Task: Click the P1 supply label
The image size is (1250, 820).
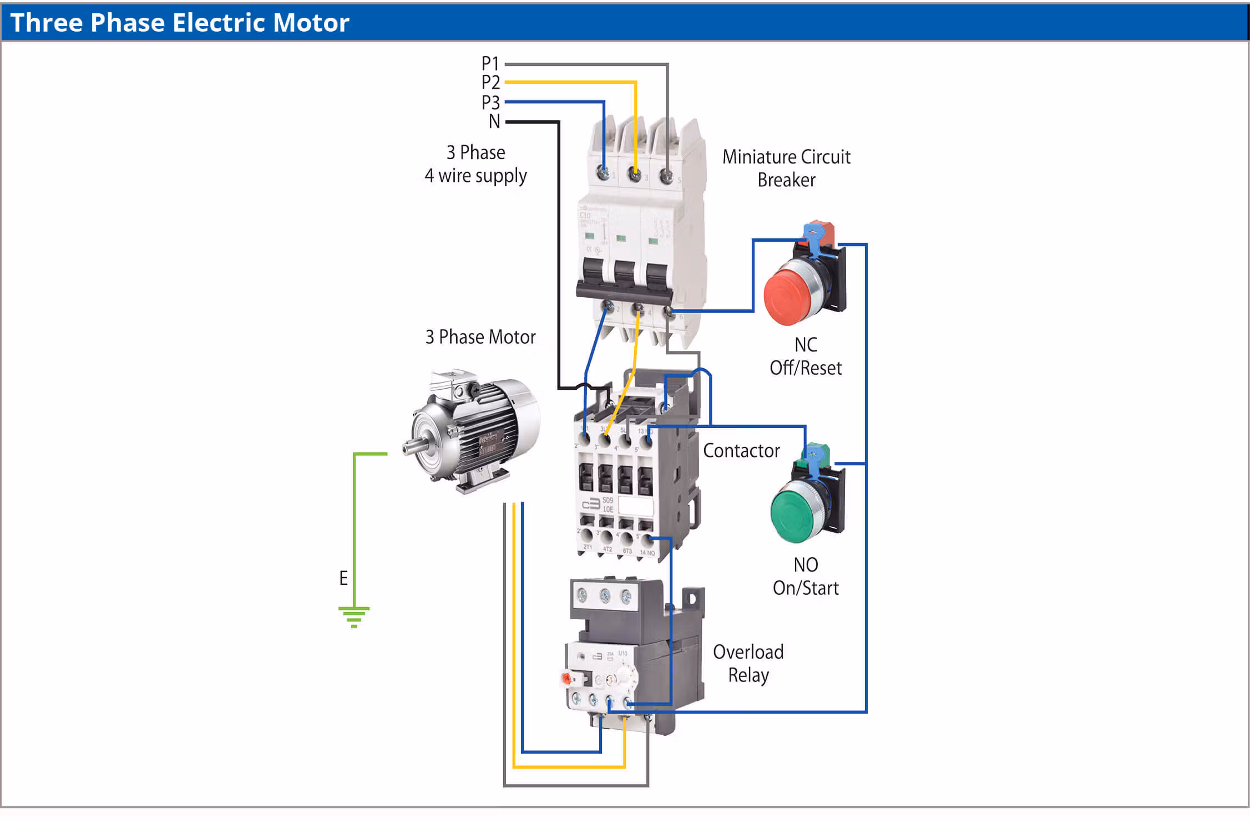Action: coord(490,64)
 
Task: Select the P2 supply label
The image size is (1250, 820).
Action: coord(490,83)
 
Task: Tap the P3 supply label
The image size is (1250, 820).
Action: coord(490,103)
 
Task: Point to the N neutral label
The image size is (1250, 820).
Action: coord(494,121)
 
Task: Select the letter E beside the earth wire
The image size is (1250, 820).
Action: coord(343,578)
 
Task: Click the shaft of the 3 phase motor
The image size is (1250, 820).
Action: coord(411,446)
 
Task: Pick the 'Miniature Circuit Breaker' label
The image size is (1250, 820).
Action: coord(786,169)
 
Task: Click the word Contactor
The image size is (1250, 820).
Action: coord(741,451)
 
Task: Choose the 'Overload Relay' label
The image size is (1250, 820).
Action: coord(748,664)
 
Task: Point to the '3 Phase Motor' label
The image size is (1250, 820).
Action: coord(480,337)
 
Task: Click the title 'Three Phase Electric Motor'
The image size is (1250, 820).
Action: coord(180,23)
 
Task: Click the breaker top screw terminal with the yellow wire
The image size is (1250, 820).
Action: coord(635,175)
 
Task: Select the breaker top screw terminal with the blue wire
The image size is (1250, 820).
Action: coord(603,173)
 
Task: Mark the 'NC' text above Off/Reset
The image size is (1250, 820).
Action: coord(806,345)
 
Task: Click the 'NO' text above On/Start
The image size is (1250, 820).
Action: coord(806,565)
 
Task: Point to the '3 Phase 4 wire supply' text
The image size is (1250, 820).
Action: coord(475,164)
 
